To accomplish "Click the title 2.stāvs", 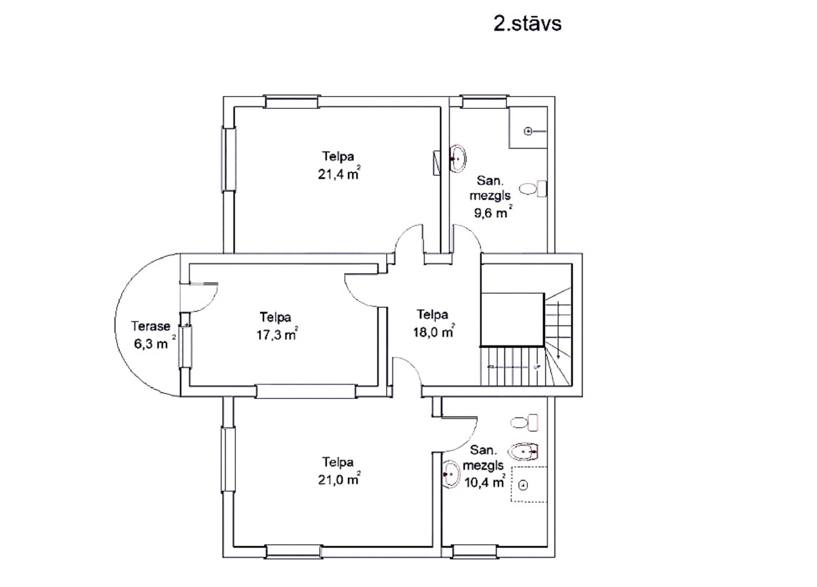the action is tap(527, 24).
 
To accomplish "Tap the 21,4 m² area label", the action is tap(339, 173).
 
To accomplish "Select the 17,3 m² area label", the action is tap(277, 334).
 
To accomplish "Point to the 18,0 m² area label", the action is tap(434, 332).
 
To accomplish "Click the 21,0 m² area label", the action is tap(339, 479).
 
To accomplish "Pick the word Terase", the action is tap(151, 326).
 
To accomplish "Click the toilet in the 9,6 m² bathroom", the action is tap(533, 189).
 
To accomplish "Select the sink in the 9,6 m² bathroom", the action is tap(458, 159).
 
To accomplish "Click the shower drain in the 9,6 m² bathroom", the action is tap(528, 132).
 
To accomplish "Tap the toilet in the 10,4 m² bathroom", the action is tap(524, 422).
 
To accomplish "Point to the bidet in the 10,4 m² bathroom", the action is tap(523, 452).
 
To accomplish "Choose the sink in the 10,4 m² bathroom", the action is tap(451, 474).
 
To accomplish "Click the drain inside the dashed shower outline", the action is tap(524, 485).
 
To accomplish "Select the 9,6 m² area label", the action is tap(493, 212).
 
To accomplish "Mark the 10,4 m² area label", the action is tap(485, 482).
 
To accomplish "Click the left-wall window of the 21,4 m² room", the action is tap(229, 159).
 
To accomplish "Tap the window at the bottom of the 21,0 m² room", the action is tap(293, 552).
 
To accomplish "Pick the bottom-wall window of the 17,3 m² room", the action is tap(306, 391).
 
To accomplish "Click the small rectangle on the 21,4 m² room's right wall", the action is tap(437, 163).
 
